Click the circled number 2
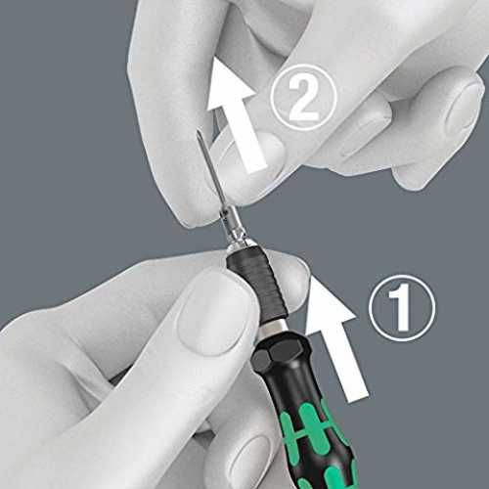tap(303, 98)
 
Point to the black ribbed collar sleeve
tap(257, 282)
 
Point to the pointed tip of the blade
tap(199, 132)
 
